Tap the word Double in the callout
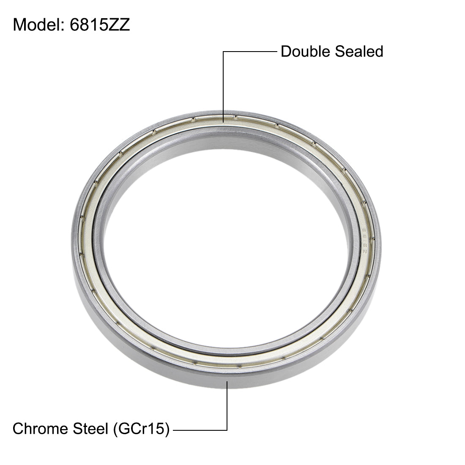[305, 52]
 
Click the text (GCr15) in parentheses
[141, 429]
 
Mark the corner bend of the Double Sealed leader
[223, 52]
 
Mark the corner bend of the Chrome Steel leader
[227, 430]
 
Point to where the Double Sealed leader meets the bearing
[223, 121]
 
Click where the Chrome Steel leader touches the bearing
[227, 382]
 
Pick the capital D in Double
[286, 52]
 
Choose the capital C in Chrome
[18, 429]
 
